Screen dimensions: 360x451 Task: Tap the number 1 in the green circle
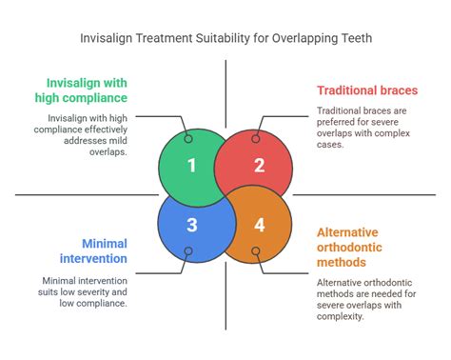click(191, 165)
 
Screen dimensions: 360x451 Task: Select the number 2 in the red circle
click(258, 165)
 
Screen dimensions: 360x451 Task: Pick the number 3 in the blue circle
click(191, 225)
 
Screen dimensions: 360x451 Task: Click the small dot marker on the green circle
click(188, 139)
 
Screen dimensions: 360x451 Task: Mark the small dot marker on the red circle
click(256, 139)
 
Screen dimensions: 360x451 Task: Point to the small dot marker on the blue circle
click(188, 252)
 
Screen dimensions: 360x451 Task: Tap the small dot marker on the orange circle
click(256, 252)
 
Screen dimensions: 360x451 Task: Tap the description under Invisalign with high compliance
click(84, 130)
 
